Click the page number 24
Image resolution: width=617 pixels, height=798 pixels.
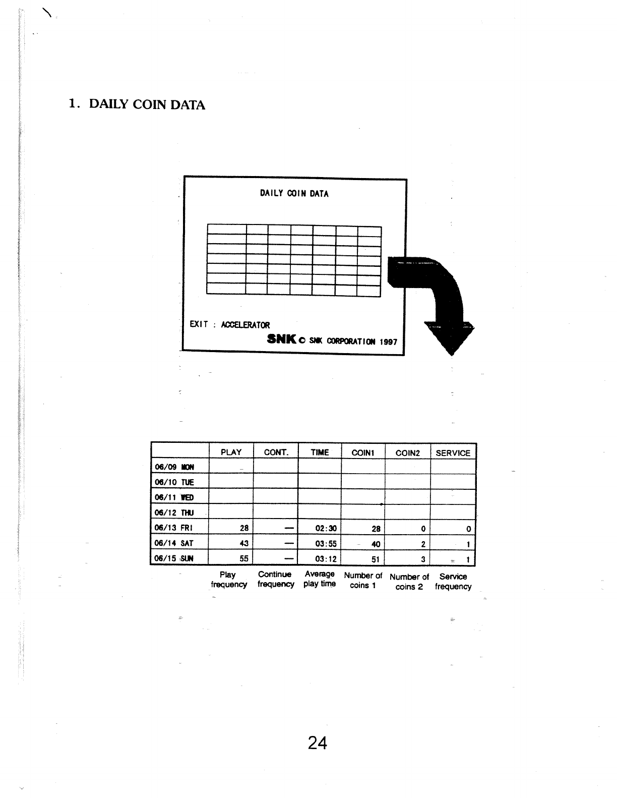317,743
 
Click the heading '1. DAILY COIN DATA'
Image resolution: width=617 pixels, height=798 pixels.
137,105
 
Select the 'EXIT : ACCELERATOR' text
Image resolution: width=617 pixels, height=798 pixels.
230,325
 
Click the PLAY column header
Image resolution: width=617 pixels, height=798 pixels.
231,452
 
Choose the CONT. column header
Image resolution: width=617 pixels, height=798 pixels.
276,452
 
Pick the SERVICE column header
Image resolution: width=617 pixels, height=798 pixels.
453,453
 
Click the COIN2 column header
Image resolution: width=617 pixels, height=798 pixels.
407,453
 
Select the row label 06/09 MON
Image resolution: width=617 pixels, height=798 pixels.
174,467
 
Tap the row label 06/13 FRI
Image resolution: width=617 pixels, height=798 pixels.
173,528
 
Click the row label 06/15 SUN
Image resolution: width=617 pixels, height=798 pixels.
174,558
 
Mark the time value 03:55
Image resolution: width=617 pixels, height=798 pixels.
325,544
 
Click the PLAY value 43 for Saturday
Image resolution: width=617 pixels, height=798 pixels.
244,544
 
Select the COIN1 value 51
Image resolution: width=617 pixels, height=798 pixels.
375,559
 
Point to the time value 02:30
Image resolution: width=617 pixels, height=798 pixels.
325,529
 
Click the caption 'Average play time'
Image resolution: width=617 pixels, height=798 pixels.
320,579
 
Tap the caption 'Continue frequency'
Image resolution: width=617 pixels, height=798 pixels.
275,579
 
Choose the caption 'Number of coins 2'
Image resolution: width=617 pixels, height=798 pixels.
409,582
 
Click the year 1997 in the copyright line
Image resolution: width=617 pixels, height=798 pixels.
389,342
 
